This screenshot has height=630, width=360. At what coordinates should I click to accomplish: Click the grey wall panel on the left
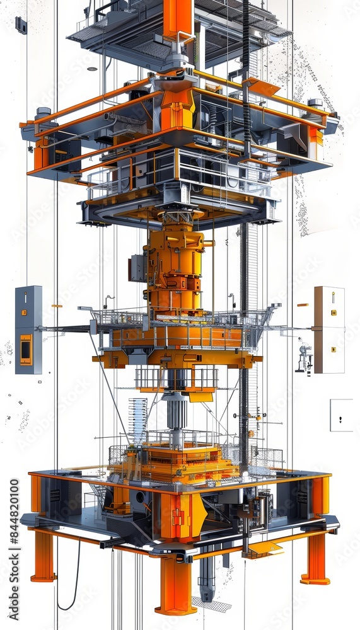tap(28, 329)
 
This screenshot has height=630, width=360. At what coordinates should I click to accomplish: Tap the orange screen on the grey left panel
tap(26, 350)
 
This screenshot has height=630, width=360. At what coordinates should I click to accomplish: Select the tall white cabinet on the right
tap(329, 329)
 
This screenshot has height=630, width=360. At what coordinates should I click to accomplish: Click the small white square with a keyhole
tap(341, 415)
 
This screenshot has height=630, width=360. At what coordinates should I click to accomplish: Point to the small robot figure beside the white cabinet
tap(305, 357)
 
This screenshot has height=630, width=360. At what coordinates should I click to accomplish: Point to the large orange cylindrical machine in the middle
tap(175, 268)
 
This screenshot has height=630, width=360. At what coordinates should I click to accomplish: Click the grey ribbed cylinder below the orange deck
tap(177, 413)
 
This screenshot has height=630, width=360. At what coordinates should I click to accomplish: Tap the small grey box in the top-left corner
tap(21, 25)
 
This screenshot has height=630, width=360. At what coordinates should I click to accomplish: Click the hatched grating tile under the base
tap(211, 604)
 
